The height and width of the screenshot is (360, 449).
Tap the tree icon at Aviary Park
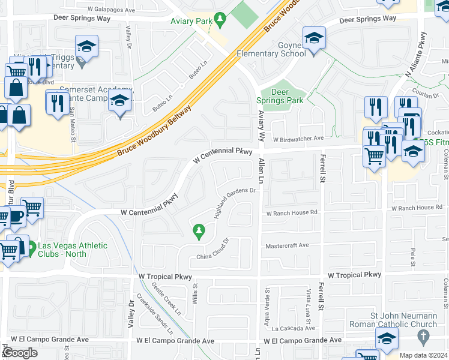click(x=220, y=20)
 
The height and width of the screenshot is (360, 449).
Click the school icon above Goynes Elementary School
click(x=313, y=39)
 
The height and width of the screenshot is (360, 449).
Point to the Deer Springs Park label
click(x=280, y=96)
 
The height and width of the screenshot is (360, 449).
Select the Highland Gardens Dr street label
click(x=235, y=203)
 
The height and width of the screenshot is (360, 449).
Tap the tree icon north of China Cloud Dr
click(x=198, y=230)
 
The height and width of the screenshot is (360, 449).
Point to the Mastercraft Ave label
click(x=287, y=245)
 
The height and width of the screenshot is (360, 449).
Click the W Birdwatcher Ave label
click(x=298, y=139)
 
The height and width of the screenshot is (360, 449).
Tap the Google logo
click(x=20, y=353)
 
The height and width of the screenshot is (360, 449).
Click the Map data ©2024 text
click(x=423, y=355)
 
